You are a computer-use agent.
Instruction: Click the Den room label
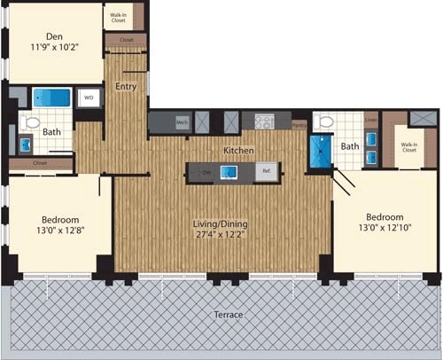click(x=53, y=38)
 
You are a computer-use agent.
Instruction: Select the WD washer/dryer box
click(x=89, y=98)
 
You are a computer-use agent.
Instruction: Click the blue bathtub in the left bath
click(x=52, y=97)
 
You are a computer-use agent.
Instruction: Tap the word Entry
click(x=125, y=86)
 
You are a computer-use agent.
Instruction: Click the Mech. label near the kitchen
click(x=182, y=122)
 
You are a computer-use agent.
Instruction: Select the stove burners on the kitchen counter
click(x=265, y=121)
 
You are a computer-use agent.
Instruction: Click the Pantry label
click(x=299, y=126)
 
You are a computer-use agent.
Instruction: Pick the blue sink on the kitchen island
click(x=227, y=172)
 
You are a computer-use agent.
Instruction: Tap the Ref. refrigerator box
click(x=266, y=172)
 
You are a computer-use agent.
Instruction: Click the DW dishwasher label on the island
click(x=205, y=172)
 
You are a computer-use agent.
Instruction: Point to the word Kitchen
click(x=239, y=151)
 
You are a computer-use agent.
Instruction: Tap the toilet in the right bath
click(x=324, y=121)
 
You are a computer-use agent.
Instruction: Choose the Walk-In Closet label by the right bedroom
click(x=408, y=148)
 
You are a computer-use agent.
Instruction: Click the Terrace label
click(x=229, y=315)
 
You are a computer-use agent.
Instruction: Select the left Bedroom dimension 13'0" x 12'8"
click(x=58, y=231)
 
